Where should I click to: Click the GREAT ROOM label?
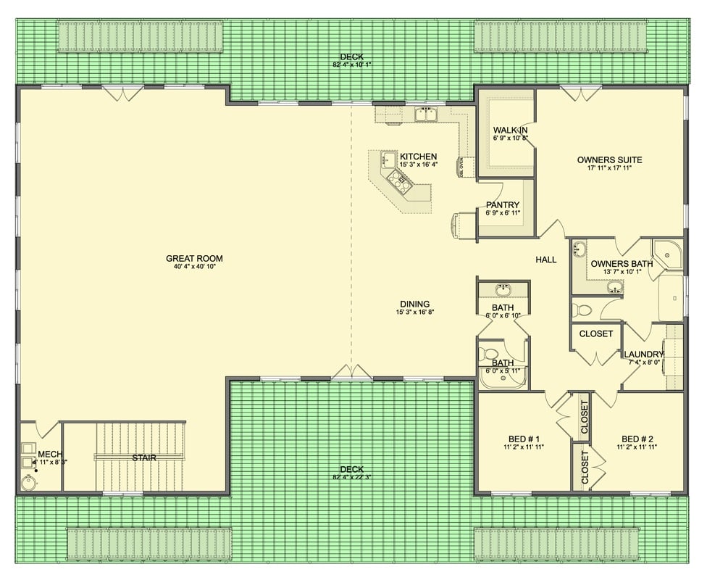194,258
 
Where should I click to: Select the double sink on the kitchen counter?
425,114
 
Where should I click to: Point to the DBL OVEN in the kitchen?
461,167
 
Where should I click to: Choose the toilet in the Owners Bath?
582,311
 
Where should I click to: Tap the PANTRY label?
503,205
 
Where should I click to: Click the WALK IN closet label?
510,130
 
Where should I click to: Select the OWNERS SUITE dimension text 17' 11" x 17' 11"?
609,169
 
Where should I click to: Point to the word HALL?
546,260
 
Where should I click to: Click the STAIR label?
143,457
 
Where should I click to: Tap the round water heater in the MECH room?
30,481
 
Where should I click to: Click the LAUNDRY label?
643,354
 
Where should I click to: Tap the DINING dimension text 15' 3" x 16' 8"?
414,312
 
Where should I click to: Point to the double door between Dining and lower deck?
353,373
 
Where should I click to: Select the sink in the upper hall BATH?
503,290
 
